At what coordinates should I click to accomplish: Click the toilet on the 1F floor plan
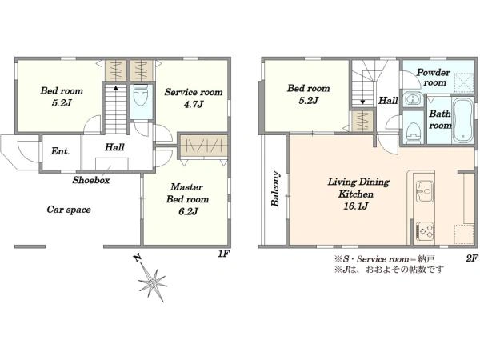[141, 95]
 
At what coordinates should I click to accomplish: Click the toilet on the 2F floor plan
[414, 132]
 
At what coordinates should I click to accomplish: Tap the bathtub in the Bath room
[462, 120]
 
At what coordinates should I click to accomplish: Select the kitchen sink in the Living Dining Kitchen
[425, 191]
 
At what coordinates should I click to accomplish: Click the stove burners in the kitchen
[425, 230]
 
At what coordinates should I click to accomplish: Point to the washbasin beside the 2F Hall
[412, 99]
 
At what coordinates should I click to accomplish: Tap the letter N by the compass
[138, 258]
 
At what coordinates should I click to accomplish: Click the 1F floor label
[223, 254]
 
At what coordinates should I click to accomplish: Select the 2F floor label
[472, 258]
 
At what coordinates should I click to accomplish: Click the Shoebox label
[91, 180]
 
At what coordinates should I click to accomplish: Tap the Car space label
[69, 210]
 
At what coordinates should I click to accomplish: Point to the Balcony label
[275, 188]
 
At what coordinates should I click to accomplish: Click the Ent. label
[60, 151]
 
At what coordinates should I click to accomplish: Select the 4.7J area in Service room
[194, 105]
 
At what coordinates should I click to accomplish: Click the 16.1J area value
[356, 206]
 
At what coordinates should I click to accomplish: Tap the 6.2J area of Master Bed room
[188, 211]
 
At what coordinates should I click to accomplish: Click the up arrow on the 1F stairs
[116, 89]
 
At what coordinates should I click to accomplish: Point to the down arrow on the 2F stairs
[362, 102]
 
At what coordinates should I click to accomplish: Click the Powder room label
[434, 78]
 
